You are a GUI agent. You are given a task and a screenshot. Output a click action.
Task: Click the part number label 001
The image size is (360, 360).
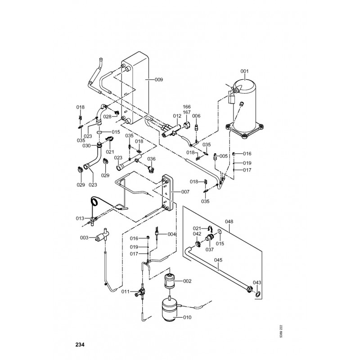tap(244, 71)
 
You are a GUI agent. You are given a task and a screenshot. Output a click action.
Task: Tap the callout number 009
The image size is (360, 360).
tap(159, 80)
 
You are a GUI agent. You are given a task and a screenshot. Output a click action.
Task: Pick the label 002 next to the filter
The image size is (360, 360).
tap(187, 281)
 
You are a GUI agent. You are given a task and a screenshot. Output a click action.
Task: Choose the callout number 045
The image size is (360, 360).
tap(218, 259)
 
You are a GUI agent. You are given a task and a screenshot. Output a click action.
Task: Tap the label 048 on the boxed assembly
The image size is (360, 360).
tap(229, 221)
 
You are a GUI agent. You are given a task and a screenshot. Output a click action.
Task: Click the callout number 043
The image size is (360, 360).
tap(257, 282)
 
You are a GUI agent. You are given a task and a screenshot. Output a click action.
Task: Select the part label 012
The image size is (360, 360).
tap(177, 116)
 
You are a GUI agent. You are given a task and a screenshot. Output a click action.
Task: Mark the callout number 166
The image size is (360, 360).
tap(187, 107)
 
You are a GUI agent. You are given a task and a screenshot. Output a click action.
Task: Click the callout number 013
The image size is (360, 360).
tap(80, 218)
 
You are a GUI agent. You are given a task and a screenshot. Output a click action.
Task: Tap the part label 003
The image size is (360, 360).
tap(84, 238)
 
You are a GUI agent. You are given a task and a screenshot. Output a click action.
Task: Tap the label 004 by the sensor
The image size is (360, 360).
tap(171, 234)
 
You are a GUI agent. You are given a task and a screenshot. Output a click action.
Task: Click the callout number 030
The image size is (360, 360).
tap(87, 145)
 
